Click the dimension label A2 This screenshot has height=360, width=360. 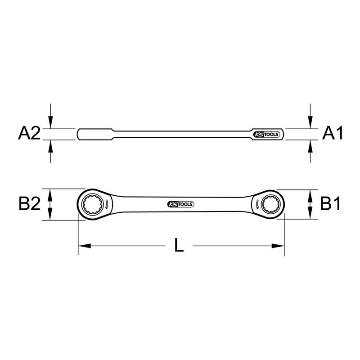(x=30, y=133)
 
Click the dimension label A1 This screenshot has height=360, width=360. (x=333, y=133)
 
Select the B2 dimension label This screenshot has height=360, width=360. (x=30, y=204)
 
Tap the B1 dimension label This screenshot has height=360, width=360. (x=331, y=204)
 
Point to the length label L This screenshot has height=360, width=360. (x=179, y=246)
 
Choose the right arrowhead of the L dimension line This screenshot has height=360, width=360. (x=280, y=246)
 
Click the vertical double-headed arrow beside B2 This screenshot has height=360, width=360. (x=51, y=204)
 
